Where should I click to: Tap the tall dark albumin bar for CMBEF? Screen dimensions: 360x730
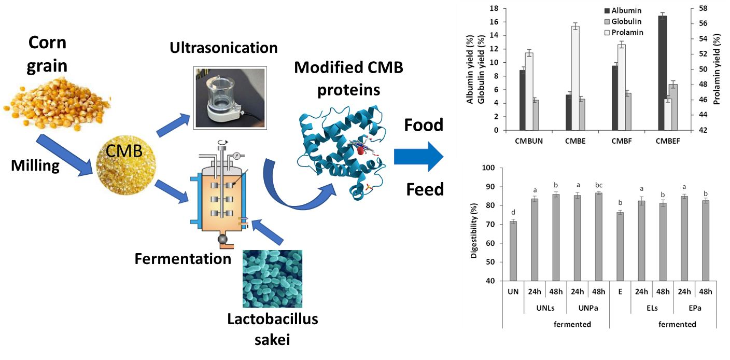point(662,73)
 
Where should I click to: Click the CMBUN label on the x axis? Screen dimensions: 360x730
point(530,141)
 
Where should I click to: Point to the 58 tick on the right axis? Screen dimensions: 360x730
point(718,9)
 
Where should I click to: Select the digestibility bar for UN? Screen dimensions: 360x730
point(513,251)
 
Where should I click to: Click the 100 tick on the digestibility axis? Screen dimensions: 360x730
point(489,168)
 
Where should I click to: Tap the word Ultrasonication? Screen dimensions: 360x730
point(223,48)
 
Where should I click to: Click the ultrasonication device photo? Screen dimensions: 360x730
point(230,97)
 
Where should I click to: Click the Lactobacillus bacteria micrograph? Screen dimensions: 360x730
point(272,279)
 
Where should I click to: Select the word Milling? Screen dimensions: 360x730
point(35,166)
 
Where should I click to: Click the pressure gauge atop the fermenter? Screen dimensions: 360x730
point(236,155)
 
